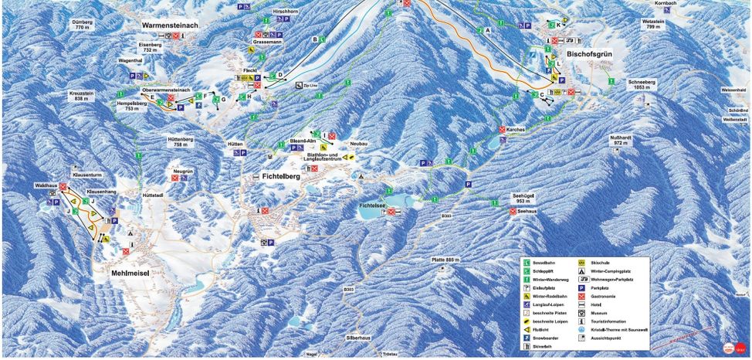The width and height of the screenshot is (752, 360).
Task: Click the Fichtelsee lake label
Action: (x=376, y=206)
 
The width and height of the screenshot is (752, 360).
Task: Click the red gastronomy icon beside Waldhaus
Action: (x=63, y=188)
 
